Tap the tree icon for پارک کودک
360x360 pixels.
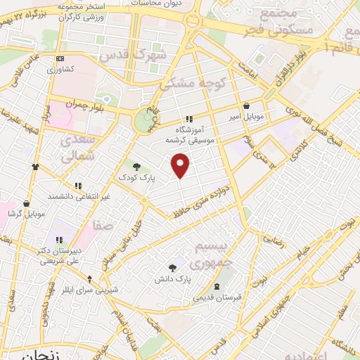136,166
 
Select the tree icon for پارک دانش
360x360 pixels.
172,267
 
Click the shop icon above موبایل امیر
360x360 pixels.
245,105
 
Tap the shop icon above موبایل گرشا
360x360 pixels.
27,202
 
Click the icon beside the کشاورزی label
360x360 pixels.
60,58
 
